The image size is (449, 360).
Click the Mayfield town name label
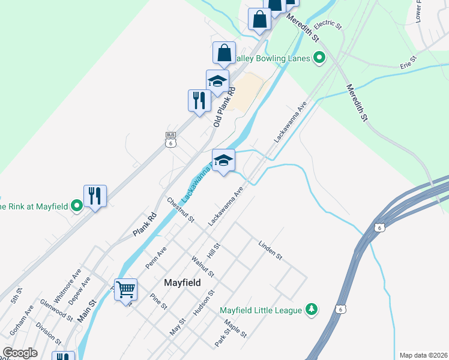pyautogui.click(x=182, y=281)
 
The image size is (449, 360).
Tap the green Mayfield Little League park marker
pyautogui.click(x=311, y=310)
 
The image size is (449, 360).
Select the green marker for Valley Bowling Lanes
pyautogui.click(x=319, y=58)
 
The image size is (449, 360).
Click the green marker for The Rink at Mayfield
pyautogui.click(x=76, y=206)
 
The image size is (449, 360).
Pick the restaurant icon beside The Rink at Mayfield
pyautogui.click(x=95, y=196)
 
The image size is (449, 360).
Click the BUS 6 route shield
pyautogui.click(x=171, y=140)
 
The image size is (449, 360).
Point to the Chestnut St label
pyautogui.click(x=181, y=210)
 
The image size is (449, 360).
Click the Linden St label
pyautogui.click(x=270, y=250)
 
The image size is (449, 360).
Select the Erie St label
pyautogui.click(x=409, y=62)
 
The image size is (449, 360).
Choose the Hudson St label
pyautogui.click(x=203, y=304)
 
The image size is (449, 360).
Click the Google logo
pyautogui.click(x=20, y=353)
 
